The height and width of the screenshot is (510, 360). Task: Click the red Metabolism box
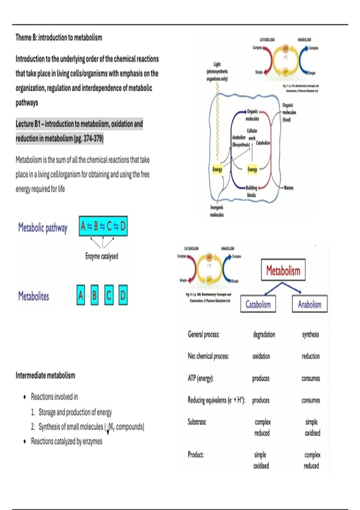[283, 270]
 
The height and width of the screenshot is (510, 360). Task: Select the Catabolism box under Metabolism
[258, 304]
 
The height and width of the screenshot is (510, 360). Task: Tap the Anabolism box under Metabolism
[310, 304]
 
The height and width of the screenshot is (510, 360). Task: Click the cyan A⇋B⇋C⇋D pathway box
[103, 226]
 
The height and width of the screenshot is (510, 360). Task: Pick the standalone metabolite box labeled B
[94, 295]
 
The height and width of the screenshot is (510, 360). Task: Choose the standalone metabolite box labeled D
[123, 295]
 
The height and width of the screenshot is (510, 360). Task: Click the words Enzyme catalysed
[102, 256]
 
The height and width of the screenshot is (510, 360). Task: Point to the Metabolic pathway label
[43, 228]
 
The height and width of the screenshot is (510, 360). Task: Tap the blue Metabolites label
[34, 296]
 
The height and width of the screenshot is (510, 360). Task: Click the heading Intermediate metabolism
[45, 375]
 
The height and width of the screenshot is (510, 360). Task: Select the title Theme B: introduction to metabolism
[59, 37]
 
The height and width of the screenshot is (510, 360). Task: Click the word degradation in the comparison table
[264, 334]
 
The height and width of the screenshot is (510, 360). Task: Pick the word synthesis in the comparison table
[310, 334]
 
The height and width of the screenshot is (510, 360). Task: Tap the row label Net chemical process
[208, 356]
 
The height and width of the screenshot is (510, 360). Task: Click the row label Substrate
[197, 422]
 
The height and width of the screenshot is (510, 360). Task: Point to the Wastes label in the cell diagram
[288, 188]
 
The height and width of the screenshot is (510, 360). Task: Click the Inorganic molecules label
[217, 211]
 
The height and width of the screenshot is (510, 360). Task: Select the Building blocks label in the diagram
[251, 191]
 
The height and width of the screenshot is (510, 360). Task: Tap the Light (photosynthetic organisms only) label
[217, 71]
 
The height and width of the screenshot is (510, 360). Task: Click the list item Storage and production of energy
[75, 412]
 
